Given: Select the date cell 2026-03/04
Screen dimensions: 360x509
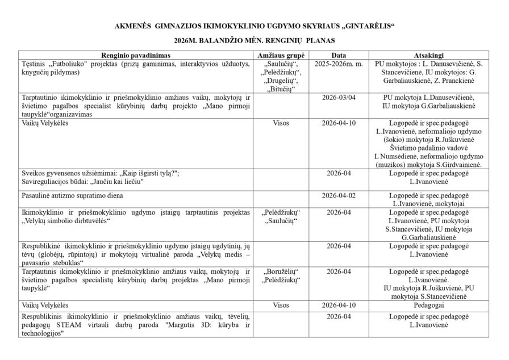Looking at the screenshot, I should (x=339, y=97).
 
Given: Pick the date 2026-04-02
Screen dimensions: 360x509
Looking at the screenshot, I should (x=339, y=195).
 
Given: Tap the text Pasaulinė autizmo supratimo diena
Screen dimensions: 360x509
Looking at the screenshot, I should (x=72, y=195).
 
